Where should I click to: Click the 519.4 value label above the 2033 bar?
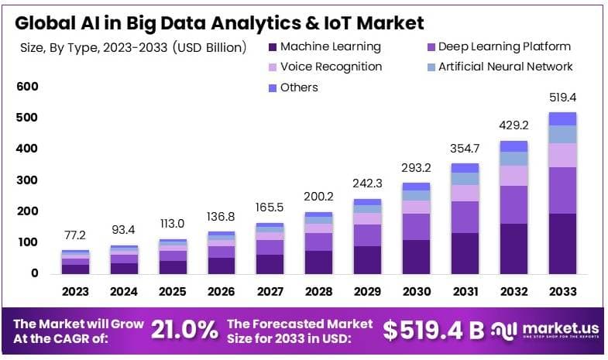(x=562, y=98)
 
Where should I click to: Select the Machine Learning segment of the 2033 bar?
(x=562, y=244)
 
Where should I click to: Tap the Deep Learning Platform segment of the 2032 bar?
(x=514, y=204)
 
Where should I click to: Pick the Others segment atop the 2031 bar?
(x=465, y=168)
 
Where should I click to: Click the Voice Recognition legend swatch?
(x=273, y=67)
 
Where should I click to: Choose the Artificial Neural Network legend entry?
(x=500, y=67)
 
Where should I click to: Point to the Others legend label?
(x=299, y=87)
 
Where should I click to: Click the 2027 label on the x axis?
(x=270, y=291)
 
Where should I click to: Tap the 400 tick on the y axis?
(x=27, y=149)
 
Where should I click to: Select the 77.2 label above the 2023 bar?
(x=75, y=235)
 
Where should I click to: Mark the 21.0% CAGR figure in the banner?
(x=184, y=330)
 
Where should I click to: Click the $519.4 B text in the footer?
(x=434, y=330)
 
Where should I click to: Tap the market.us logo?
(x=544, y=330)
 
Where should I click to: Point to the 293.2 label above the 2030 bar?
(x=416, y=168)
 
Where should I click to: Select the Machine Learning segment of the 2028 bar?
(x=319, y=262)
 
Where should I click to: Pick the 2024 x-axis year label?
(x=124, y=291)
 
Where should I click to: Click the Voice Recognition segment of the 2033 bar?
(x=562, y=156)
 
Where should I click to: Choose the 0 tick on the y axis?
(x=35, y=273)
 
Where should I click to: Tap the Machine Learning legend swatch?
(x=273, y=47)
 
